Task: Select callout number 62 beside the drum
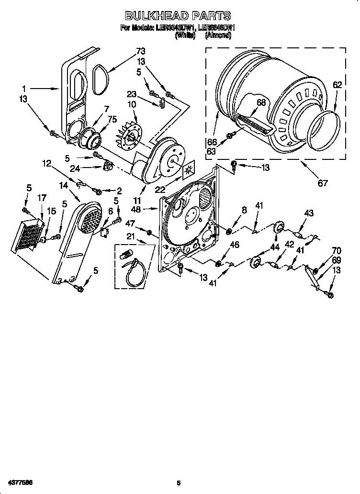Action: (337, 85)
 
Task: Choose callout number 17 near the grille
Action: (42, 197)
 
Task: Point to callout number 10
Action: (132, 104)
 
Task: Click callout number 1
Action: (23, 88)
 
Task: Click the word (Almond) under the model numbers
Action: (218, 36)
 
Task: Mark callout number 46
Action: (234, 245)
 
